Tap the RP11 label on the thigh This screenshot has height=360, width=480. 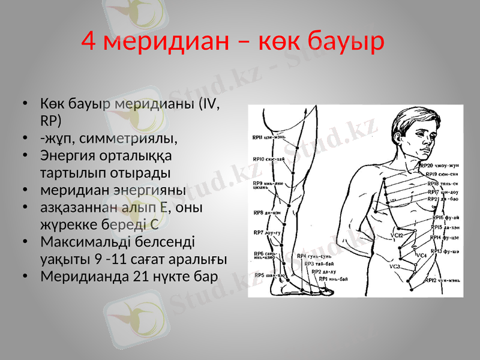click(x=257, y=137)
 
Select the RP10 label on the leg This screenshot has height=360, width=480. click(x=257, y=159)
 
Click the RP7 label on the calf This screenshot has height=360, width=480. click(x=259, y=232)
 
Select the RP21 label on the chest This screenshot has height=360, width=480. click(x=433, y=199)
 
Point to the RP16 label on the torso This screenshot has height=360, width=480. click(x=436, y=217)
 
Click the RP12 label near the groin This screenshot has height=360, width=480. click(x=430, y=280)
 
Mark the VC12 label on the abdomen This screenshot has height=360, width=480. click(x=397, y=235)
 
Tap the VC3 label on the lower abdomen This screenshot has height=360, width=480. click(x=394, y=266)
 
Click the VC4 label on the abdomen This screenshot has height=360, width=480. click(x=421, y=255)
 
